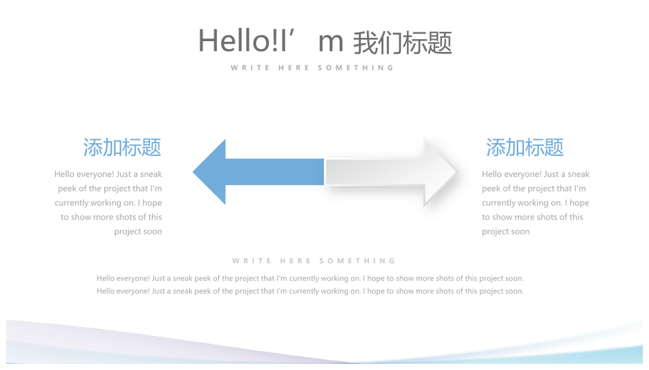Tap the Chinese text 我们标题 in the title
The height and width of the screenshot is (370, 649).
(x=402, y=43)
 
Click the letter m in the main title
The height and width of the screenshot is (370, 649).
(x=331, y=43)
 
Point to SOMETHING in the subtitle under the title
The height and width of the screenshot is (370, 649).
(x=356, y=68)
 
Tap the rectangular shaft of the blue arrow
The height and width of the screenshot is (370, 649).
(x=275, y=172)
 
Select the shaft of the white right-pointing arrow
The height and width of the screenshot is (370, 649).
(x=375, y=172)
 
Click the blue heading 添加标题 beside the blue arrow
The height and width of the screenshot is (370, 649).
(x=122, y=148)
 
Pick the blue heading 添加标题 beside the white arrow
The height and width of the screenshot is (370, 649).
(x=525, y=148)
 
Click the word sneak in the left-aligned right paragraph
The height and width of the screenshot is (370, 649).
(x=578, y=174)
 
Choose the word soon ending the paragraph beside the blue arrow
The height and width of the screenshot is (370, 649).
(x=152, y=232)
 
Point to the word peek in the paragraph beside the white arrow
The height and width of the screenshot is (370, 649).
(x=491, y=189)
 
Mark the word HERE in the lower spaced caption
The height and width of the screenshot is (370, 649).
(x=295, y=261)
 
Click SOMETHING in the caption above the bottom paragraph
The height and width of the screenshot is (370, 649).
(x=357, y=261)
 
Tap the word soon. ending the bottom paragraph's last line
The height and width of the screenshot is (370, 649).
(x=514, y=292)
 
